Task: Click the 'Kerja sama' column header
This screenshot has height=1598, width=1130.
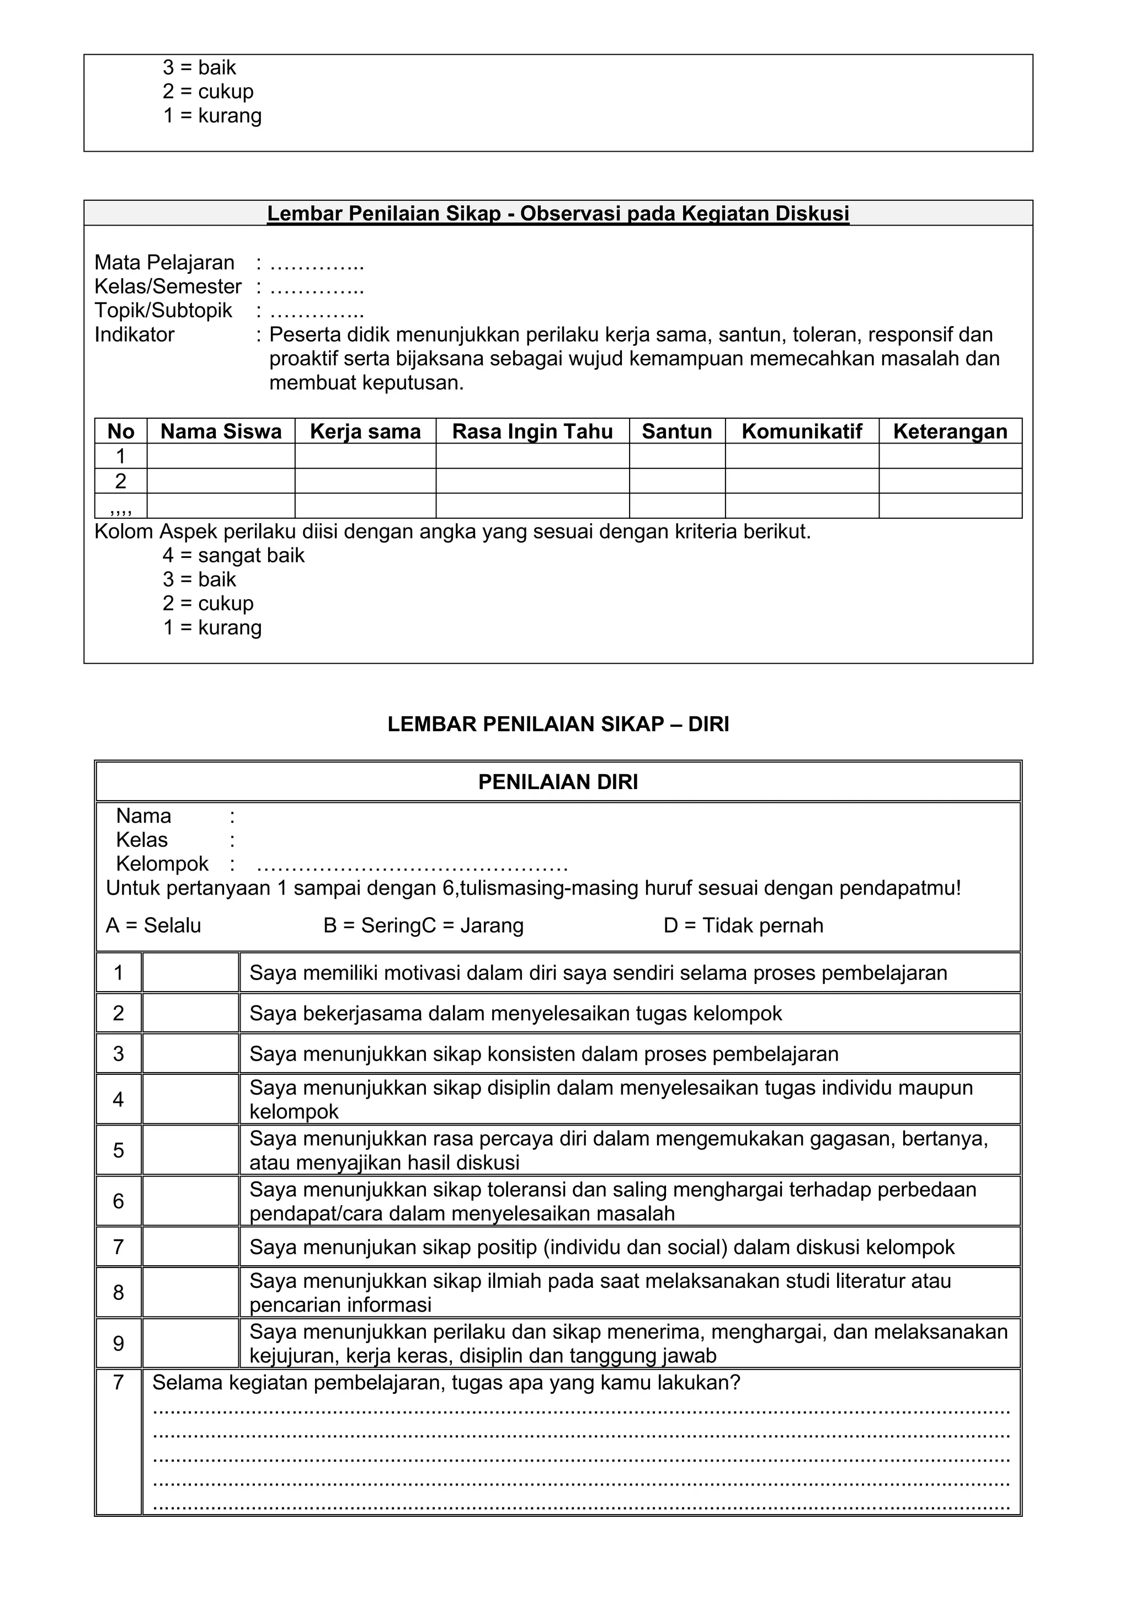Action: pos(365,432)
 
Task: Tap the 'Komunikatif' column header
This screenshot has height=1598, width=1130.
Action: pos(801,432)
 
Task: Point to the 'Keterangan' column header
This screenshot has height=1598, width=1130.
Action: pos(949,432)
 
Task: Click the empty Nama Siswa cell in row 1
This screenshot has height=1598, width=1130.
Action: pos(221,456)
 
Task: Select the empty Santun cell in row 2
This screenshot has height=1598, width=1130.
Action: pos(676,481)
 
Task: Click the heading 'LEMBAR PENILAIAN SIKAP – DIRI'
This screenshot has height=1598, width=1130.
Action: pos(558,725)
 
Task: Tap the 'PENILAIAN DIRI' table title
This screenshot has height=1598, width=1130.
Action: pos(558,782)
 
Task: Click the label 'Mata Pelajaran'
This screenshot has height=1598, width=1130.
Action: pos(164,263)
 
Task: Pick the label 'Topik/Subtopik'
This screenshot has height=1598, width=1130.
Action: pos(163,311)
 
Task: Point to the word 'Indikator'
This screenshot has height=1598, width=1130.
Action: pos(134,335)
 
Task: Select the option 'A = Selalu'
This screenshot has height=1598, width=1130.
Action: pos(153,926)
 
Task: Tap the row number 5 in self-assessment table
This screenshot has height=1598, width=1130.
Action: pos(118,1150)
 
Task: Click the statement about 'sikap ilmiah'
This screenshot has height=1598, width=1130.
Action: pos(600,1292)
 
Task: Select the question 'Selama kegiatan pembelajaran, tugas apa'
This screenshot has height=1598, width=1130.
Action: pos(446,1383)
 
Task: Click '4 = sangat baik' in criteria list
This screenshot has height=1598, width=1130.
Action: pos(233,556)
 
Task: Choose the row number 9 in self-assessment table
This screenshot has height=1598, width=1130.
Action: pos(118,1343)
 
